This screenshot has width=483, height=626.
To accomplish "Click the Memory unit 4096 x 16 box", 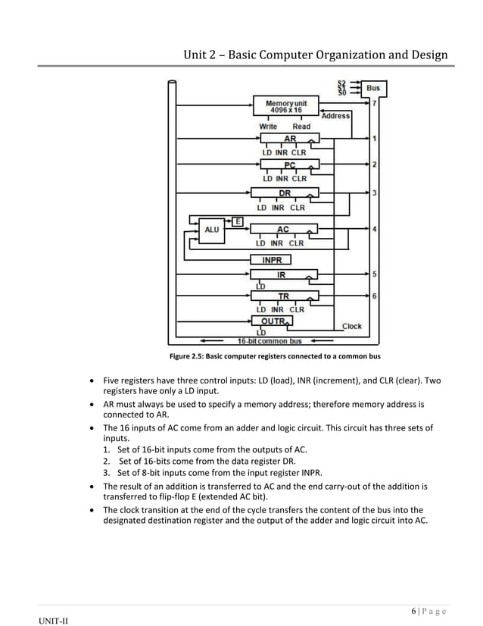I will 285,107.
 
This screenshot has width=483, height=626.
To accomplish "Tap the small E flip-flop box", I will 238,221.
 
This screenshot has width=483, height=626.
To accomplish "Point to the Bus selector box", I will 373,88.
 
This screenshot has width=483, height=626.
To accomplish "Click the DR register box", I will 284,193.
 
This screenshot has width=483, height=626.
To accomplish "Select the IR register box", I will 281,275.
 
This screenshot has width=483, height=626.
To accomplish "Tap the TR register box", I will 282,296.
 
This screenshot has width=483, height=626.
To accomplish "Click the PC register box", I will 290,164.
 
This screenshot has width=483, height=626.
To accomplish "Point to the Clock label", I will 352,327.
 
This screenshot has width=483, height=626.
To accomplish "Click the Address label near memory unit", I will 335,116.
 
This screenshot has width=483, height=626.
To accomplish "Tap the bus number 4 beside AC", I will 375,229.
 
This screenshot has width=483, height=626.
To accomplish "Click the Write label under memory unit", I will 268,127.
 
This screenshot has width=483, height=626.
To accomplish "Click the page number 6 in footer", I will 413,611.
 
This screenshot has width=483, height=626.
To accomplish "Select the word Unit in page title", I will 198,55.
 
